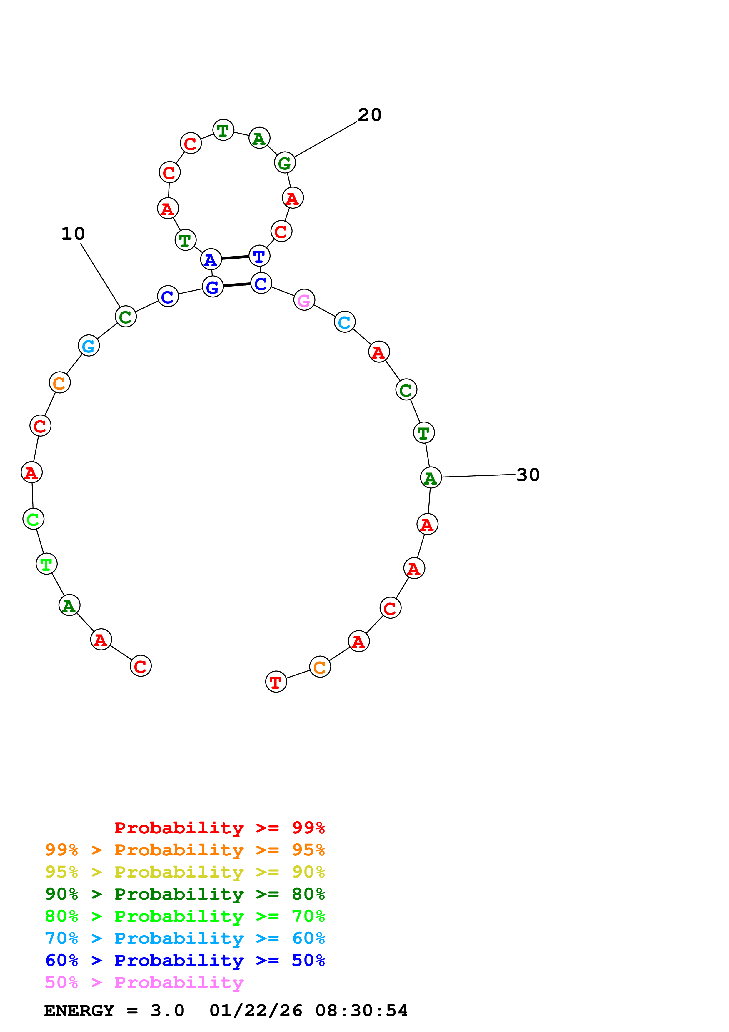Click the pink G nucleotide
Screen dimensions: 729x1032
304,300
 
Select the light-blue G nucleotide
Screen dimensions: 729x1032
89,346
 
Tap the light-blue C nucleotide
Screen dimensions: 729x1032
345,322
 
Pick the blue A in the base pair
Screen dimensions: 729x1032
211,259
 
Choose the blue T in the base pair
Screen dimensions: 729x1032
259,256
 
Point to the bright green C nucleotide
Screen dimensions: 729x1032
33,519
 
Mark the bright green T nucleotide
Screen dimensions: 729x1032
46,564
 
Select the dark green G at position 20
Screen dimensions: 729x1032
285,163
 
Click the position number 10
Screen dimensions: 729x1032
73,234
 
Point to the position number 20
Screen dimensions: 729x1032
369,115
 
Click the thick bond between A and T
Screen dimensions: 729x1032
235,257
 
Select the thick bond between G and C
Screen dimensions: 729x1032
237,285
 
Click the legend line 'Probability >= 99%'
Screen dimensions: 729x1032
219,828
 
